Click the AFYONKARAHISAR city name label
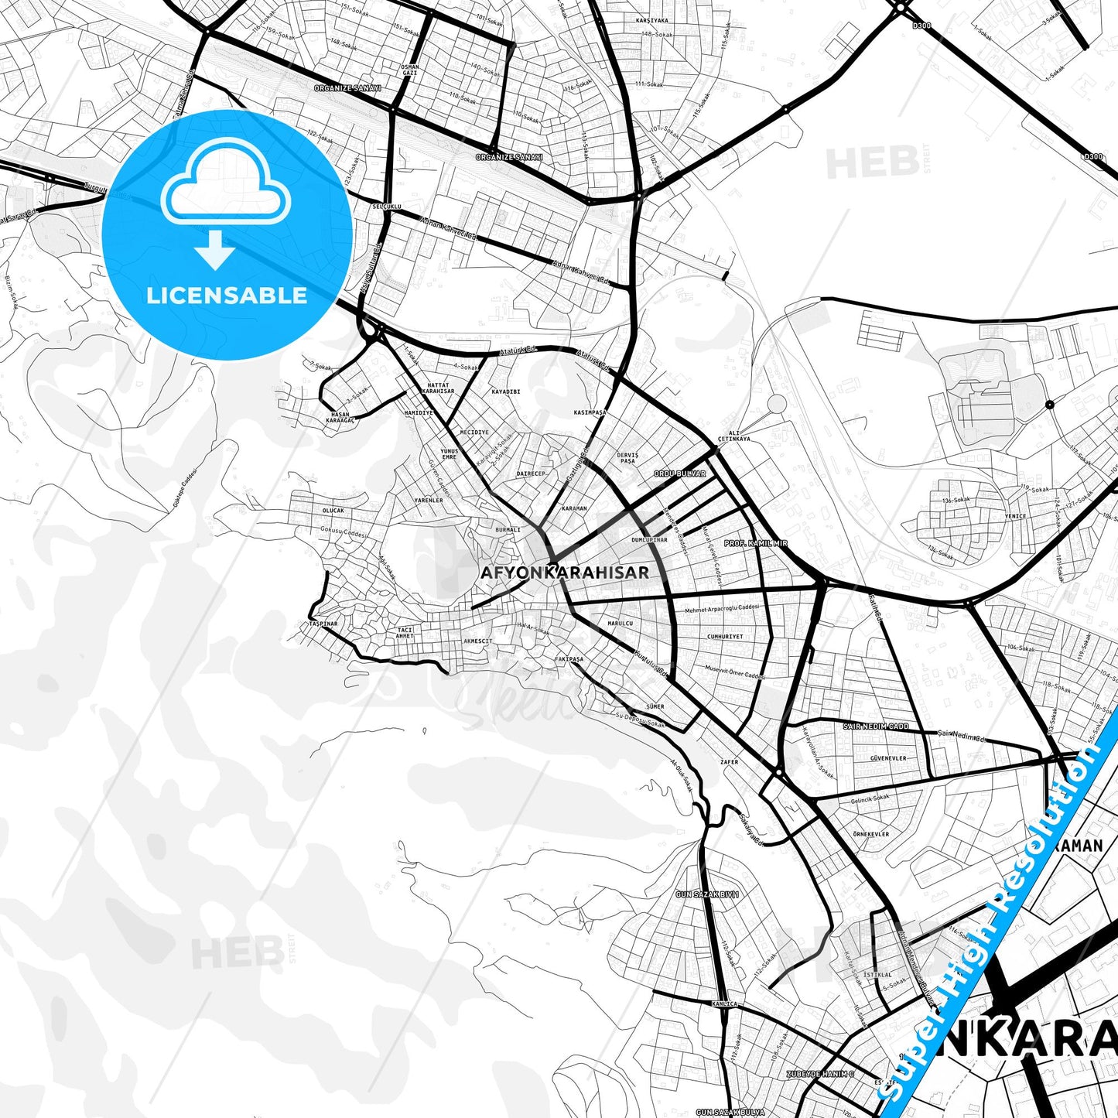(x=564, y=573)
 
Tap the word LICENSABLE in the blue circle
(x=227, y=295)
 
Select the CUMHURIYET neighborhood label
(x=724, y=637)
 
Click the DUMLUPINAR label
(x=648, y=540)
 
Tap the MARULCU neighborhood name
(x=620, y=623)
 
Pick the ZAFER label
(x=729, y=762)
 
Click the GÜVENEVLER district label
(x=887, y=758)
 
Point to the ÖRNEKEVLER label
(x=870, y=834)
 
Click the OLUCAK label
(x=333, y=511)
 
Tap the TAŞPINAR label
(x=323, y=623)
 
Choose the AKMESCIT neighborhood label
(x=477, y=641)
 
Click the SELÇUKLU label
(x=387, y=207)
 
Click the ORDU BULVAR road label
(x=679, y=473)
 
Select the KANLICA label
(x=727, y=1003)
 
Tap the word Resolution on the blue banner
(x=1046, y=826)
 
